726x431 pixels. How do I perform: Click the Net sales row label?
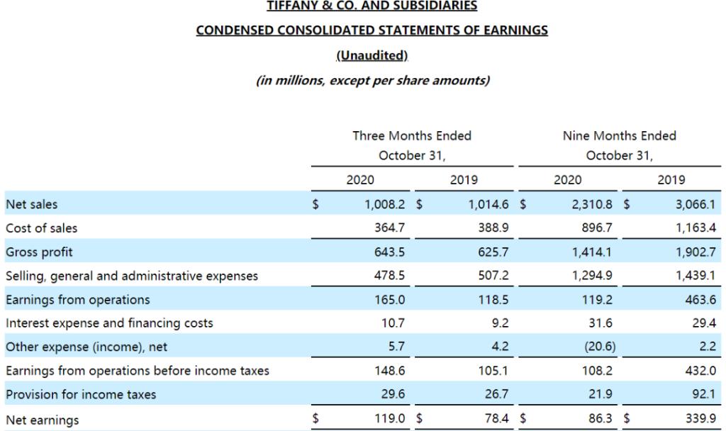(x=32, y=204)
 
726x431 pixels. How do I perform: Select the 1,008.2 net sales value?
(x=386, y=204)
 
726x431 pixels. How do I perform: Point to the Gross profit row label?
(x=39, y=252)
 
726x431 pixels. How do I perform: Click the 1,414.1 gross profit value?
(x=593, y=252)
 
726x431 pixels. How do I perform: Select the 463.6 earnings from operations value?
(x=700, y=300)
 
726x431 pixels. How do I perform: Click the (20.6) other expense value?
(x=596, y=347)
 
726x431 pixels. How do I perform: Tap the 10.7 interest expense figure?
(x=396, y=323)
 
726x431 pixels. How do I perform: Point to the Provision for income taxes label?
(x=81, y=395)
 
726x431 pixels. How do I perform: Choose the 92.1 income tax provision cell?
(x=703, y=395)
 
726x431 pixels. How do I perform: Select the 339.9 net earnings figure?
(x=700, y=420)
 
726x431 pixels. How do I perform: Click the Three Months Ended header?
(x=412, y=135)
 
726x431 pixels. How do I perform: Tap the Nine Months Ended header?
(x=620, y=135)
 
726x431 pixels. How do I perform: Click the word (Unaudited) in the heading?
(x=372, y=55)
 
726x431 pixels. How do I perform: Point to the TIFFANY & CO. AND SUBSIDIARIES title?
(x=372, y=6)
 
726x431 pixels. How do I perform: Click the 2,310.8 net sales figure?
(x=593, y=204)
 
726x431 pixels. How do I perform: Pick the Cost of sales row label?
(x=42, y=228)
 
